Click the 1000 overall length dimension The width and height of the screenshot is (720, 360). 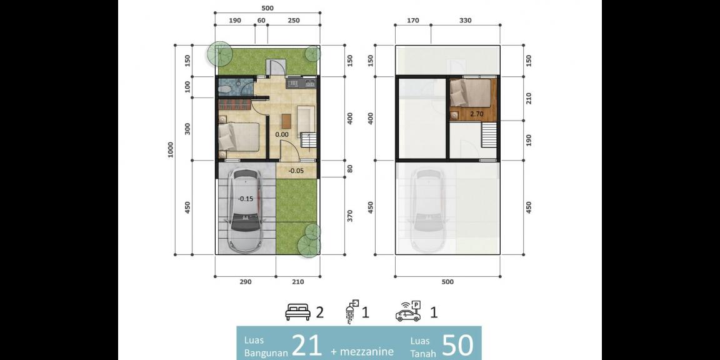click(x=171, y=150)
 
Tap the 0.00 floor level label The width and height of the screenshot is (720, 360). click(x=282, y=134)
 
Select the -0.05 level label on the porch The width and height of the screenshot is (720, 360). click(x=296, y=169)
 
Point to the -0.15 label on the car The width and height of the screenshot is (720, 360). click(x=246, y=199)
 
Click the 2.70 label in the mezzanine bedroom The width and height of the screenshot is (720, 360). click(x=477, y=114)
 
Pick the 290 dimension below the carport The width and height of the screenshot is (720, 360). click(x=245, y=282)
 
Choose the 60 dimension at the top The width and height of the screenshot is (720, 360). click(x=261, y=21)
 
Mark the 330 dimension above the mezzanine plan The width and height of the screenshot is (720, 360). click(x=465, y=21)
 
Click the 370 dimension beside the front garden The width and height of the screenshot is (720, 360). click(x=350, y=216)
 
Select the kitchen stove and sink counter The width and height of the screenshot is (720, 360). click(x=301, y=82)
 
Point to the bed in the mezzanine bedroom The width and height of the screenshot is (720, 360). click(x=472, y=94)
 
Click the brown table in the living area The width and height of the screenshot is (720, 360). click(x=287, y=119)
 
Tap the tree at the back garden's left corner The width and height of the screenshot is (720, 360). click(x=219, y=54)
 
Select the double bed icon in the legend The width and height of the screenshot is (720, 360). click(x=298, y=312)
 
